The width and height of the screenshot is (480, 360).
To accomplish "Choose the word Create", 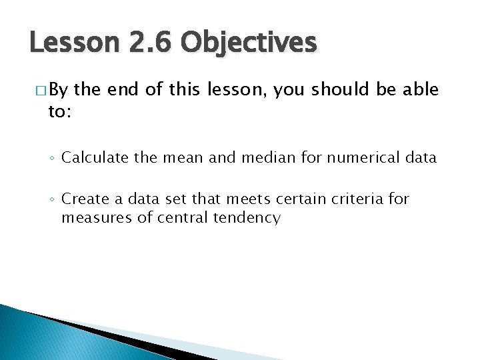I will click(x=82, y=199).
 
